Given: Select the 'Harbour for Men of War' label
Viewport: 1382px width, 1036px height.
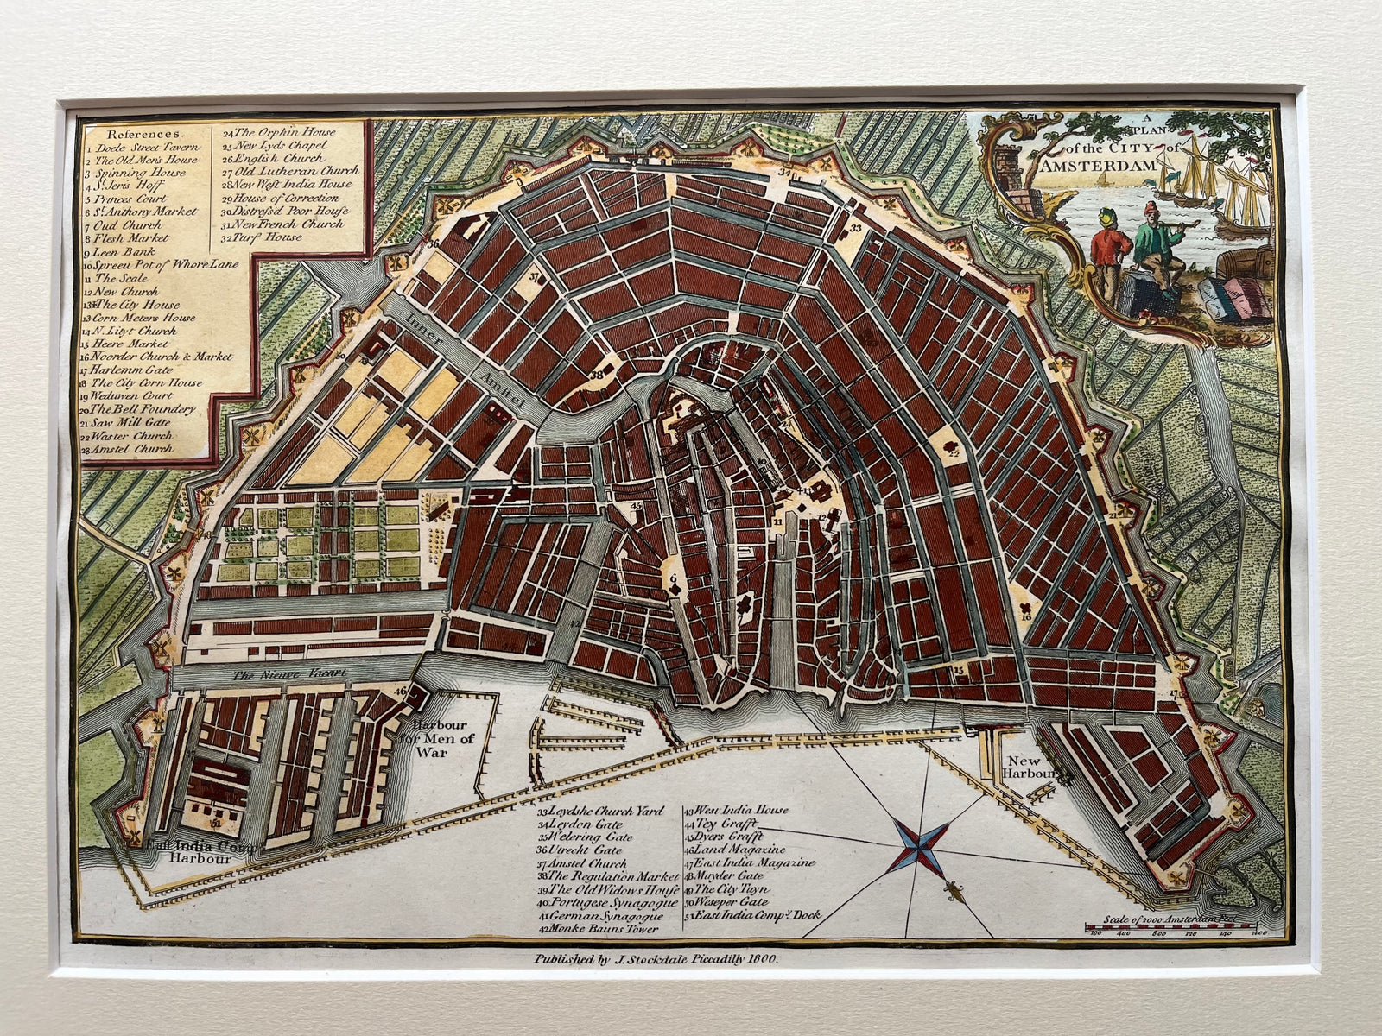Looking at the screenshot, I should [442, 738].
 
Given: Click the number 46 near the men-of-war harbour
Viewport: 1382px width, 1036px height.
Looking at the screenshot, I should [400, 692].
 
